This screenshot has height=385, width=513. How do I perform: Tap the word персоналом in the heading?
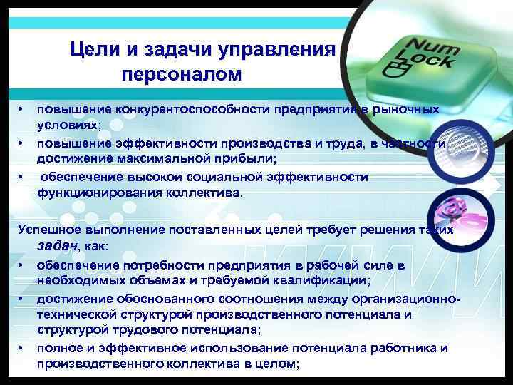(x=182, y=74)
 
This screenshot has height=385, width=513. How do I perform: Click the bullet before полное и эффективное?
(x=22, y=348)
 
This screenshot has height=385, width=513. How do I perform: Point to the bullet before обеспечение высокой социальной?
(x=22, y=177)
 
